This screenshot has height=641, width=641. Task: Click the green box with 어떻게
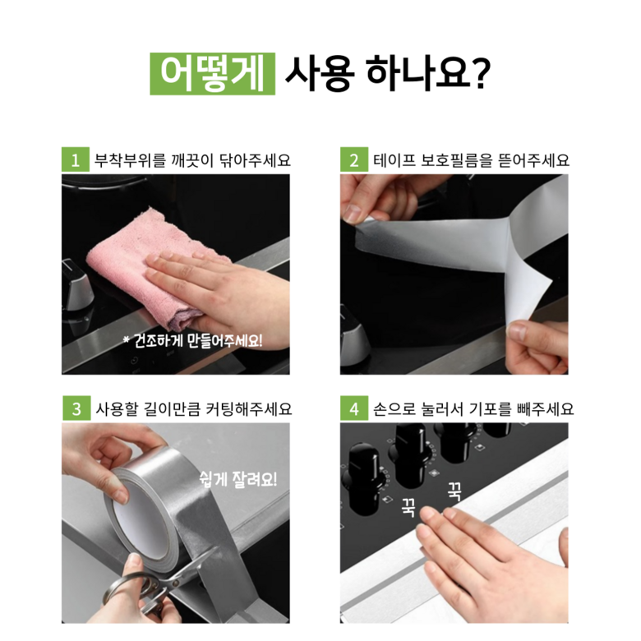pos(212,74)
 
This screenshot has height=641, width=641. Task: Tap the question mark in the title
pos(481,74)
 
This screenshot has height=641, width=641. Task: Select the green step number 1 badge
pos(76,159)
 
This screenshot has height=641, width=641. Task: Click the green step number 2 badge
pos(354,159)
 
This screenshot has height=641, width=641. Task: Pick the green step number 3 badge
pos(76,408)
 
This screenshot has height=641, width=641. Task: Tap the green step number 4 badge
pos(354,408)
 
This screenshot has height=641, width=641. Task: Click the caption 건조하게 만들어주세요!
pos(192,340)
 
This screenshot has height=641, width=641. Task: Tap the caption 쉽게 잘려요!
pos(238,479)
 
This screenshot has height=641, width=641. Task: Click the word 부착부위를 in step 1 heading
pos(130,160)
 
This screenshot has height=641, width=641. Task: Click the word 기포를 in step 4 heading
pos(490,408)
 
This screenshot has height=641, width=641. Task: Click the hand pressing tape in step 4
pos(491,560)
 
